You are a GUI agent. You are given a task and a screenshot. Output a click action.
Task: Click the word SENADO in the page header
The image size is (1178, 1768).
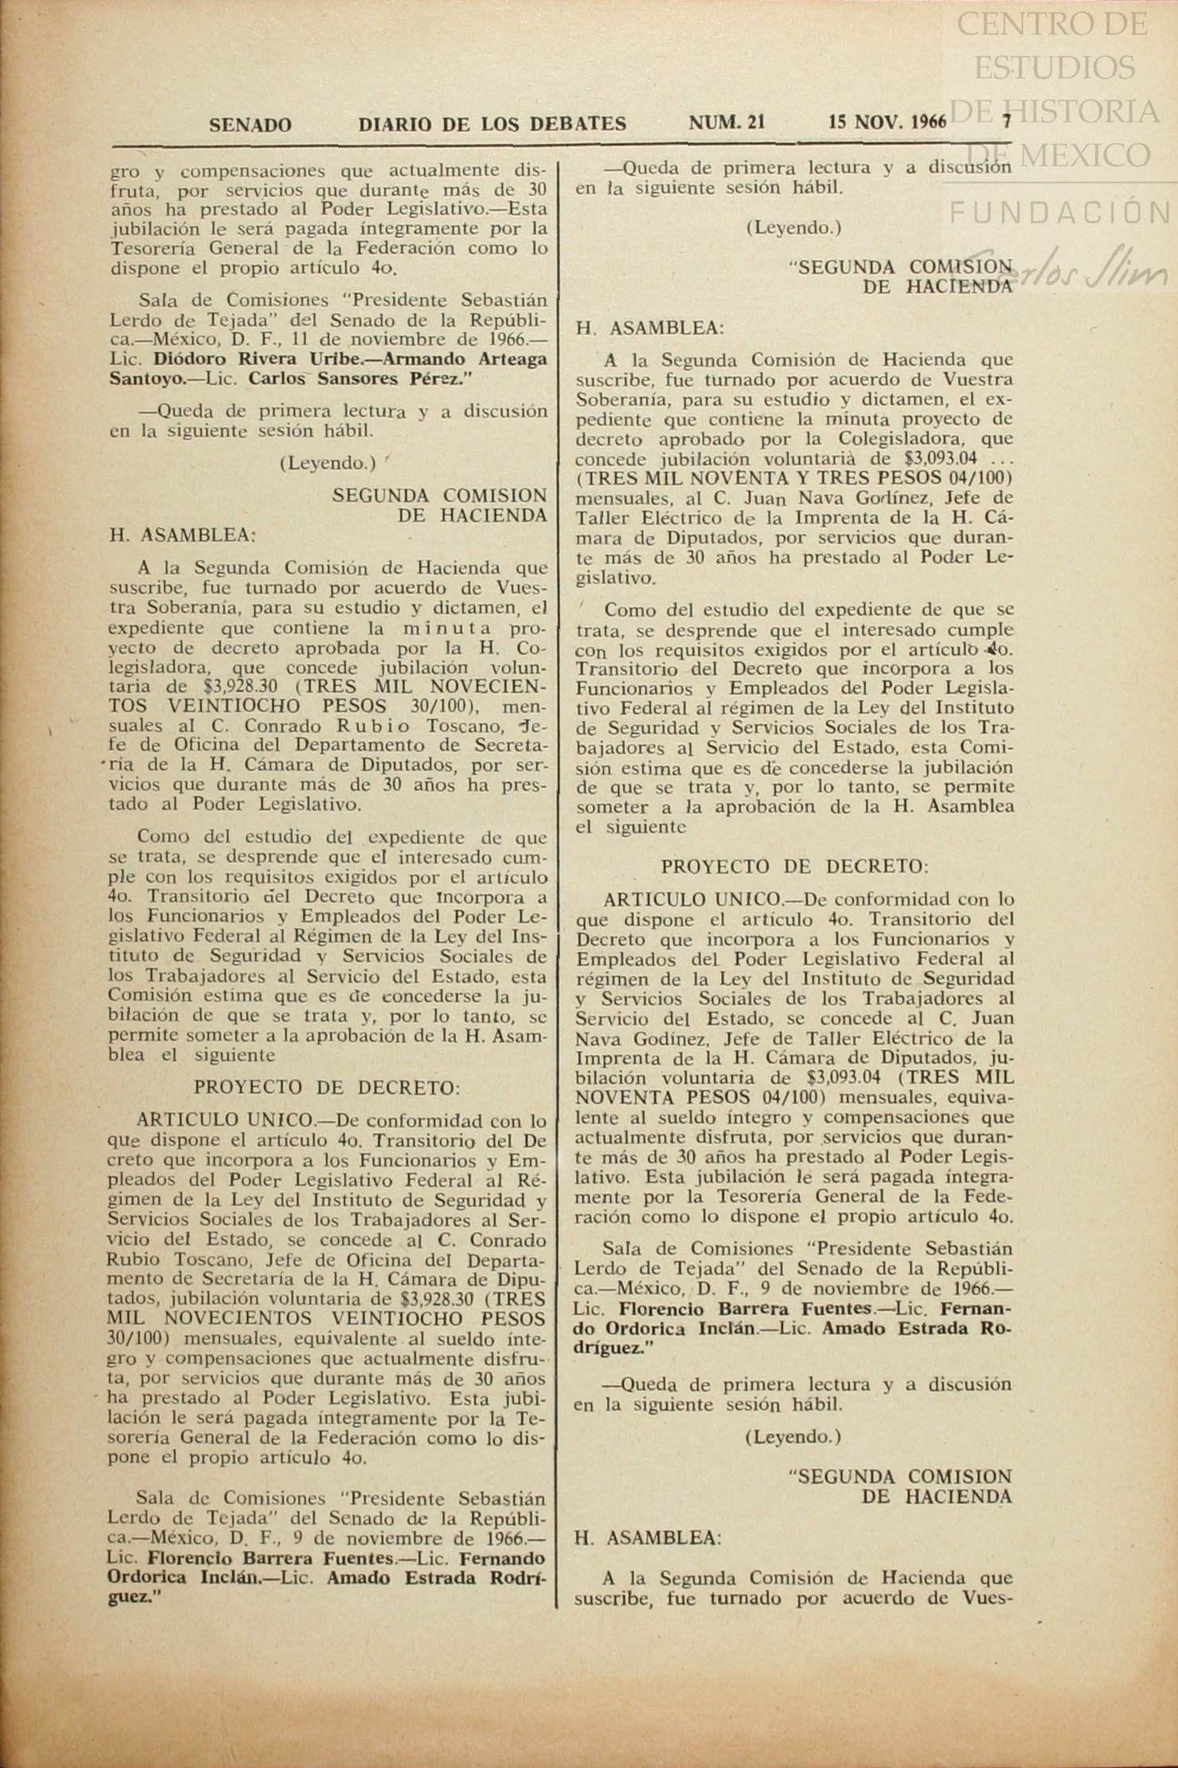click(250, 125)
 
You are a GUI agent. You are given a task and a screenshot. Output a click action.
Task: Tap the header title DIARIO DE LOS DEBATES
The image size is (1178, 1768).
click(492, 124)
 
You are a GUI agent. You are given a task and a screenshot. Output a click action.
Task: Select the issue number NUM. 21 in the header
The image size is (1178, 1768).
click(727, 122)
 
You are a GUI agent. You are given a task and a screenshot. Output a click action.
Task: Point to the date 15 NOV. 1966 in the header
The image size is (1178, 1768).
click(887, 122)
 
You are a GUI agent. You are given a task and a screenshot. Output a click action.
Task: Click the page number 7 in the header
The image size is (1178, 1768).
click(1005, 122)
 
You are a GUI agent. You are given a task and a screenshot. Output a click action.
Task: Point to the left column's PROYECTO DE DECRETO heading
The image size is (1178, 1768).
click(327, 1088)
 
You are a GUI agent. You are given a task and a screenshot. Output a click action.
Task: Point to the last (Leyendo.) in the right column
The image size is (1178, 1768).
click(793, 1437)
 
